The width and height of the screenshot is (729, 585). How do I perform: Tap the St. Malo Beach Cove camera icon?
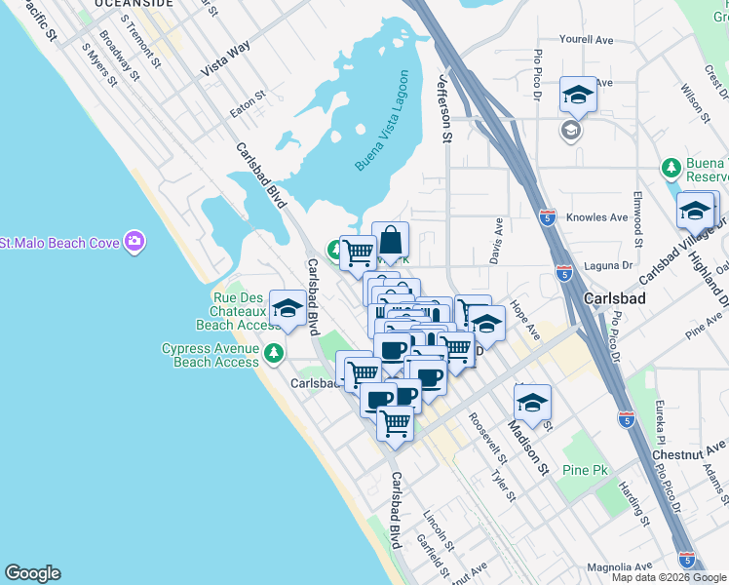[134, 239]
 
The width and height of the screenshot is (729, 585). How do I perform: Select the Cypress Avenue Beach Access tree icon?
[276, 350]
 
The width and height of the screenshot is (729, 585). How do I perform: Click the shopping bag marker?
[390, 240]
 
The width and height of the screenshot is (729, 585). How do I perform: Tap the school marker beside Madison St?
[532, 403]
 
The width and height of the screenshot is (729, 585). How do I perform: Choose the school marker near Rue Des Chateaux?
[288, 309]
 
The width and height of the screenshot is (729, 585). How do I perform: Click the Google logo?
[32, 573]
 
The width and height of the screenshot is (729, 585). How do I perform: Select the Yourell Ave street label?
[586, 40]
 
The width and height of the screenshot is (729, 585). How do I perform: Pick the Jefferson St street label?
[446, 110]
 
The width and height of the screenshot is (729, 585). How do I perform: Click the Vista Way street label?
[225, 59]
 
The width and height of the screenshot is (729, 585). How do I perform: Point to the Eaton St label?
[248, 105]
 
